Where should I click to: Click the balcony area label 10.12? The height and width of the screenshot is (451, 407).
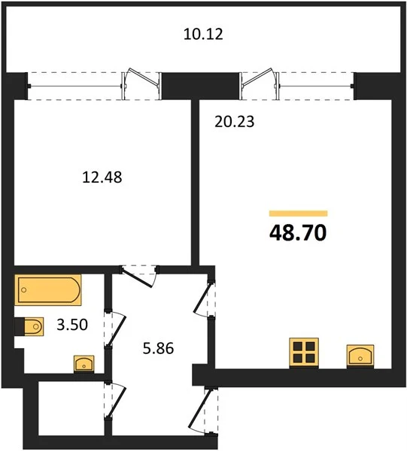pyautogui.click(x=203, y=34)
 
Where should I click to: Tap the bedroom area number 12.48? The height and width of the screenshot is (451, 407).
pyautogui.click(x=102, y=177)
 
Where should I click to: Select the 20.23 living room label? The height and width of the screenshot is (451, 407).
pyautogui.click(x=235, y=121)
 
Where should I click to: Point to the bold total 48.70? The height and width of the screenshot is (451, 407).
pyautogui.click(x=298, y=232)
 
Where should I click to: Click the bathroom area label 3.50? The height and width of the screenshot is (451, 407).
pyautogui.click(x=72, y=325)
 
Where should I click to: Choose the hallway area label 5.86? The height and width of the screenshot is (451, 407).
pyautogui.click(x=158, y=348)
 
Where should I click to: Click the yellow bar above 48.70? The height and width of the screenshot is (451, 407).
pyautogui.click(x=299, y=213)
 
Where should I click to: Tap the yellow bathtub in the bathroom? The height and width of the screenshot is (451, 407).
pyautogui.click(x=48, y=290)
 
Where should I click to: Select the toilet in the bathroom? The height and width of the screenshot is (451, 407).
pyautogui.click(x=29, y=327)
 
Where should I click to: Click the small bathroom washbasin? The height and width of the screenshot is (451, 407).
pyautogui.click(x=84, y=364)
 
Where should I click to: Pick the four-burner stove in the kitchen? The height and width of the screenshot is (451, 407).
pyautogui.click(x=304, y=353)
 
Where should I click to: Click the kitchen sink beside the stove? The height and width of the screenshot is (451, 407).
pyautogui.click(x=360, y=356)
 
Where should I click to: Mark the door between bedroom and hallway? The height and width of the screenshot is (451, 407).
pyautogui.click(x=138, y=276)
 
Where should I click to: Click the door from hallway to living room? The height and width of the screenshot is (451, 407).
pyautogui.click(x=205, y=298)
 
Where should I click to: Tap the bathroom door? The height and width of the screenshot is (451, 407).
pyautogui.click(x=114, y=328)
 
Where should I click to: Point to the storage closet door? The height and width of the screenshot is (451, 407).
pyautogui.click(x=114, y=400)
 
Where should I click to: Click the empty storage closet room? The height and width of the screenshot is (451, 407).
pyautogui.click(x=71, y=408)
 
